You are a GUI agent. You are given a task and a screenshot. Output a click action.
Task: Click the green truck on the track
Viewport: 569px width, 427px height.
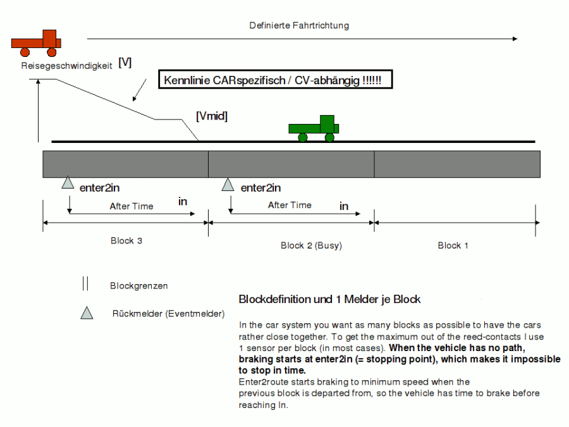[x=314, y=128]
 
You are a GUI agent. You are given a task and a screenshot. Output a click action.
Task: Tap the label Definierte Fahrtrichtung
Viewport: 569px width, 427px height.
[x=299, y=25]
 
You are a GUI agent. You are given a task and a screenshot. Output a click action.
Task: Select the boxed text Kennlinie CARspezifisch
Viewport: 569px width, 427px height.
[x=277, y=81]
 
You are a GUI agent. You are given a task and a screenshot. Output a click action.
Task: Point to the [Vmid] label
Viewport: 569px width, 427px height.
[x=212, y=116]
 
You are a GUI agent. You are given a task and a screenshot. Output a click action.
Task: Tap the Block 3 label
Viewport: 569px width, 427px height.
[x=126, y=240]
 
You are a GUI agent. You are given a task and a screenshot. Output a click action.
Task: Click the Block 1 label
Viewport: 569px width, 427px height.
[x=453, y=245]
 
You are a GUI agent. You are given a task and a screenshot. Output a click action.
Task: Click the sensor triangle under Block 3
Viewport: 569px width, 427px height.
[x=68, y=183]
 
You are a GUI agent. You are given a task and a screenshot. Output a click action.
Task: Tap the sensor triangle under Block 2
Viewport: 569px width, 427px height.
[x=228, y=184]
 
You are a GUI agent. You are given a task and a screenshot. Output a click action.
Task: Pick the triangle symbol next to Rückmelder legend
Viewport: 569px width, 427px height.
[x=87, y=312]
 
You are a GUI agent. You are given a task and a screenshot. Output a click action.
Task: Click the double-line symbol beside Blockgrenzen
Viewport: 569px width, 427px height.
[x=85, y=284]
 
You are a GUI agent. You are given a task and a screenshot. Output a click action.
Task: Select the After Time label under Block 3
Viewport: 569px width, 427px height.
[x=132, y=206]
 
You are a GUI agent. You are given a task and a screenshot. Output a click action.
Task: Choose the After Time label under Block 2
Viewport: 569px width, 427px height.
[x=290, y=205]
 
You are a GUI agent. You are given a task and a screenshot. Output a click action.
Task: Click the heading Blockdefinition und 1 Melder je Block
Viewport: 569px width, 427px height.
[x=329, y=299]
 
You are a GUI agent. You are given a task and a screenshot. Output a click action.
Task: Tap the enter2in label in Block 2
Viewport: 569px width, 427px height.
[x=261, y=187]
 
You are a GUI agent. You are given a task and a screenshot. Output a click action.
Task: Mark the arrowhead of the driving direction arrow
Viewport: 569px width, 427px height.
[x=515, y=39]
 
